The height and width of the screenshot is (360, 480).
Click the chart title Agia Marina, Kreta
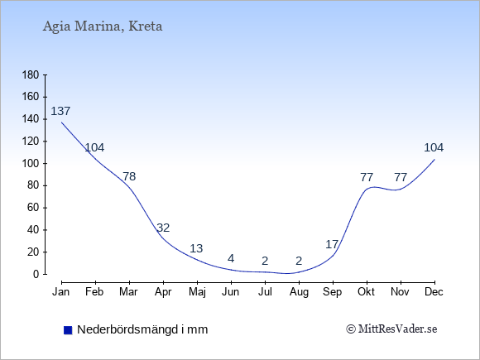(103, 26)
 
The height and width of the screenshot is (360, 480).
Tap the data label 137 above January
(60, 111)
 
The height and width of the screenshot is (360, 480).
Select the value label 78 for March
(129, 176)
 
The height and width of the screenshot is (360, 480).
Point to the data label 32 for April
(163, 228)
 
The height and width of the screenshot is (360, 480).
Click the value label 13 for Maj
(196, 248)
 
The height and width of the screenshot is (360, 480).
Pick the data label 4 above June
(231, 258)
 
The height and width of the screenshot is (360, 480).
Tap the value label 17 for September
(332, 244)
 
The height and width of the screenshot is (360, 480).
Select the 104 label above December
(434, 147)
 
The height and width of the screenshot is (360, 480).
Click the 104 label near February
(94, 147)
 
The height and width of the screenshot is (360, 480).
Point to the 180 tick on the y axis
(31, 74)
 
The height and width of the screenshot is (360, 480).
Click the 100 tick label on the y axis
(31, 163)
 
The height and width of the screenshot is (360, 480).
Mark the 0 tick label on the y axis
(36, 274)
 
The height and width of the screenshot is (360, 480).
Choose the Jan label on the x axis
(61, 292)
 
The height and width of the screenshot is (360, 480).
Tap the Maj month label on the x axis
(197, 292)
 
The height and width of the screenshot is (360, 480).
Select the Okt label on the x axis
(366, 292)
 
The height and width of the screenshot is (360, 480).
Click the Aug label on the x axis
(299, 292)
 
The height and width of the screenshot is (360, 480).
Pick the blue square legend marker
(68, 330)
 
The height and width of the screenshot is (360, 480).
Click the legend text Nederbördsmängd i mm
(142, 329)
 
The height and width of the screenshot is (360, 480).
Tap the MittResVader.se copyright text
(391, 329)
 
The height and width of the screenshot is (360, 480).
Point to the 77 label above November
(401, 177)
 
